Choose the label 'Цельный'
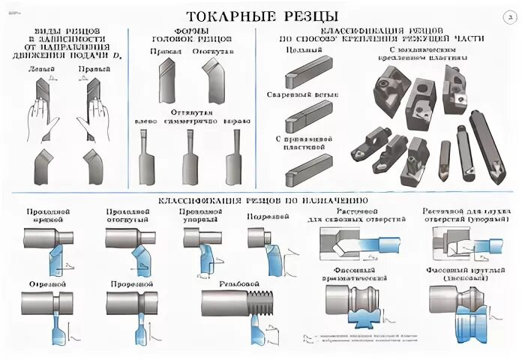pyautogui.click(x=300, y=49)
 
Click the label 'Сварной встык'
pyautogui.click(x=299, y=95)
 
